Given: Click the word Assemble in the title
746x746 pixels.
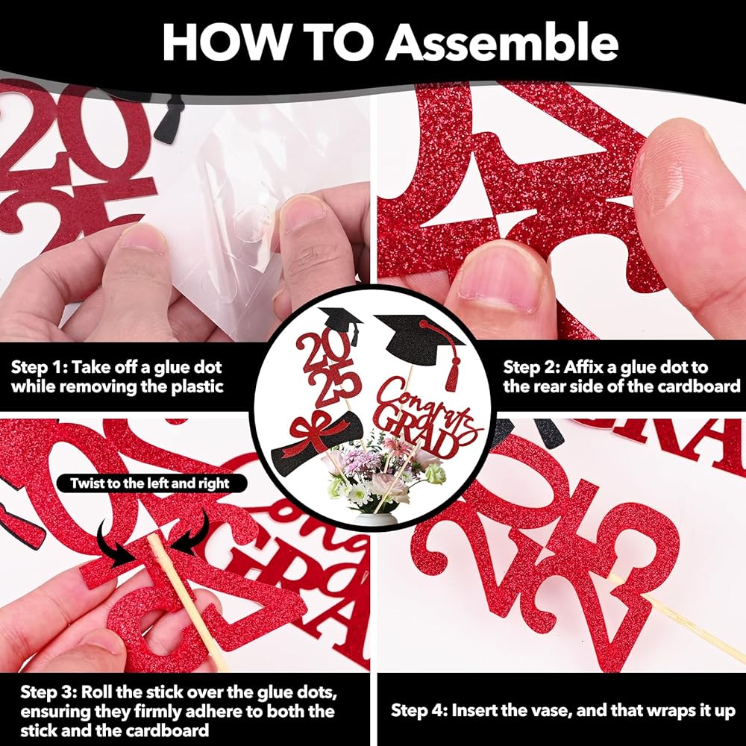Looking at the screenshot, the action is (x=502, y=42).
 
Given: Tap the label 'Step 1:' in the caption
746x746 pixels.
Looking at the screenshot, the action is (x=37, y=368).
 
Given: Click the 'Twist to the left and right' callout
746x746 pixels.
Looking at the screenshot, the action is (x=151, y=483).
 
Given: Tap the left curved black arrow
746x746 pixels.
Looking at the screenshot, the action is (x=114, y=544).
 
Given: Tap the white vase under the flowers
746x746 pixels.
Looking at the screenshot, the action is (x=376, y=518).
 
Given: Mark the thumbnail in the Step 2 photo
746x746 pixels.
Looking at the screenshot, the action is (x=500, y=278).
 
